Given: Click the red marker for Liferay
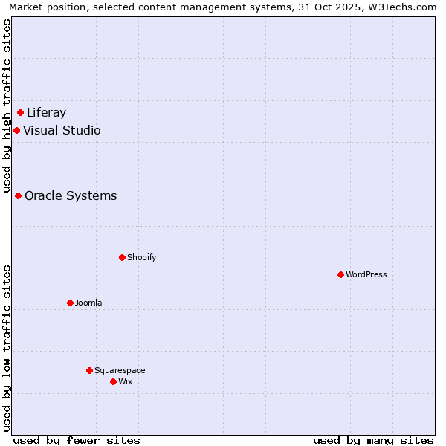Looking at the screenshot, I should click(x=21, y=113).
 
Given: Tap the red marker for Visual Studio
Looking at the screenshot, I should click(x=16, y=131).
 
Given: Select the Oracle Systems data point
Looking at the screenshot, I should click(x=18, y=196).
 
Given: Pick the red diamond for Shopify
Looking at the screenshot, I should click(x=122, y=258).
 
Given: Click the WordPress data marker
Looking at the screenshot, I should click(x=340, y=275).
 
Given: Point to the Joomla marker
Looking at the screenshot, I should click(x=70, y=303).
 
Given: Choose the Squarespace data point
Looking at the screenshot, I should click(x=89, y=371).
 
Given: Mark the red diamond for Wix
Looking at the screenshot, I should click(x=113, y=382).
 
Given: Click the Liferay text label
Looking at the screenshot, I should click(x=46, y=113).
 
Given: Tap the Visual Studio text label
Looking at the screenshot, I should click(x=62, y=131).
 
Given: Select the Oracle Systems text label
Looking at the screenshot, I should click(x=71, y=196).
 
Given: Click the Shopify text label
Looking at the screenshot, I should click(x=141, y=258).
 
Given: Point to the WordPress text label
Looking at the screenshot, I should click(x=366, y=275).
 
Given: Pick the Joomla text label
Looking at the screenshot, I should click(x=88, y=303).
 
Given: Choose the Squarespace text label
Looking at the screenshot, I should click(x=120, y=371).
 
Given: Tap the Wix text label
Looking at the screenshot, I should click(x=126, y=382).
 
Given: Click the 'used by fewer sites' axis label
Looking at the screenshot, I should click(x=77, y=440).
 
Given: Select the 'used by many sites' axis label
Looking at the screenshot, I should click(x=373, y=440).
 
